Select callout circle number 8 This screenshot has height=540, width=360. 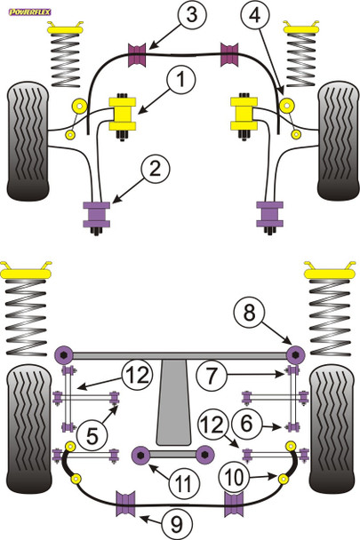pos(249,312)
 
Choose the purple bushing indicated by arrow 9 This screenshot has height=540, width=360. pos(127,506)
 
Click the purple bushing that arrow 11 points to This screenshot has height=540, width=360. pos(140,456)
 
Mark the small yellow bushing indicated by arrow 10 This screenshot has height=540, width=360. pos(288,445)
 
